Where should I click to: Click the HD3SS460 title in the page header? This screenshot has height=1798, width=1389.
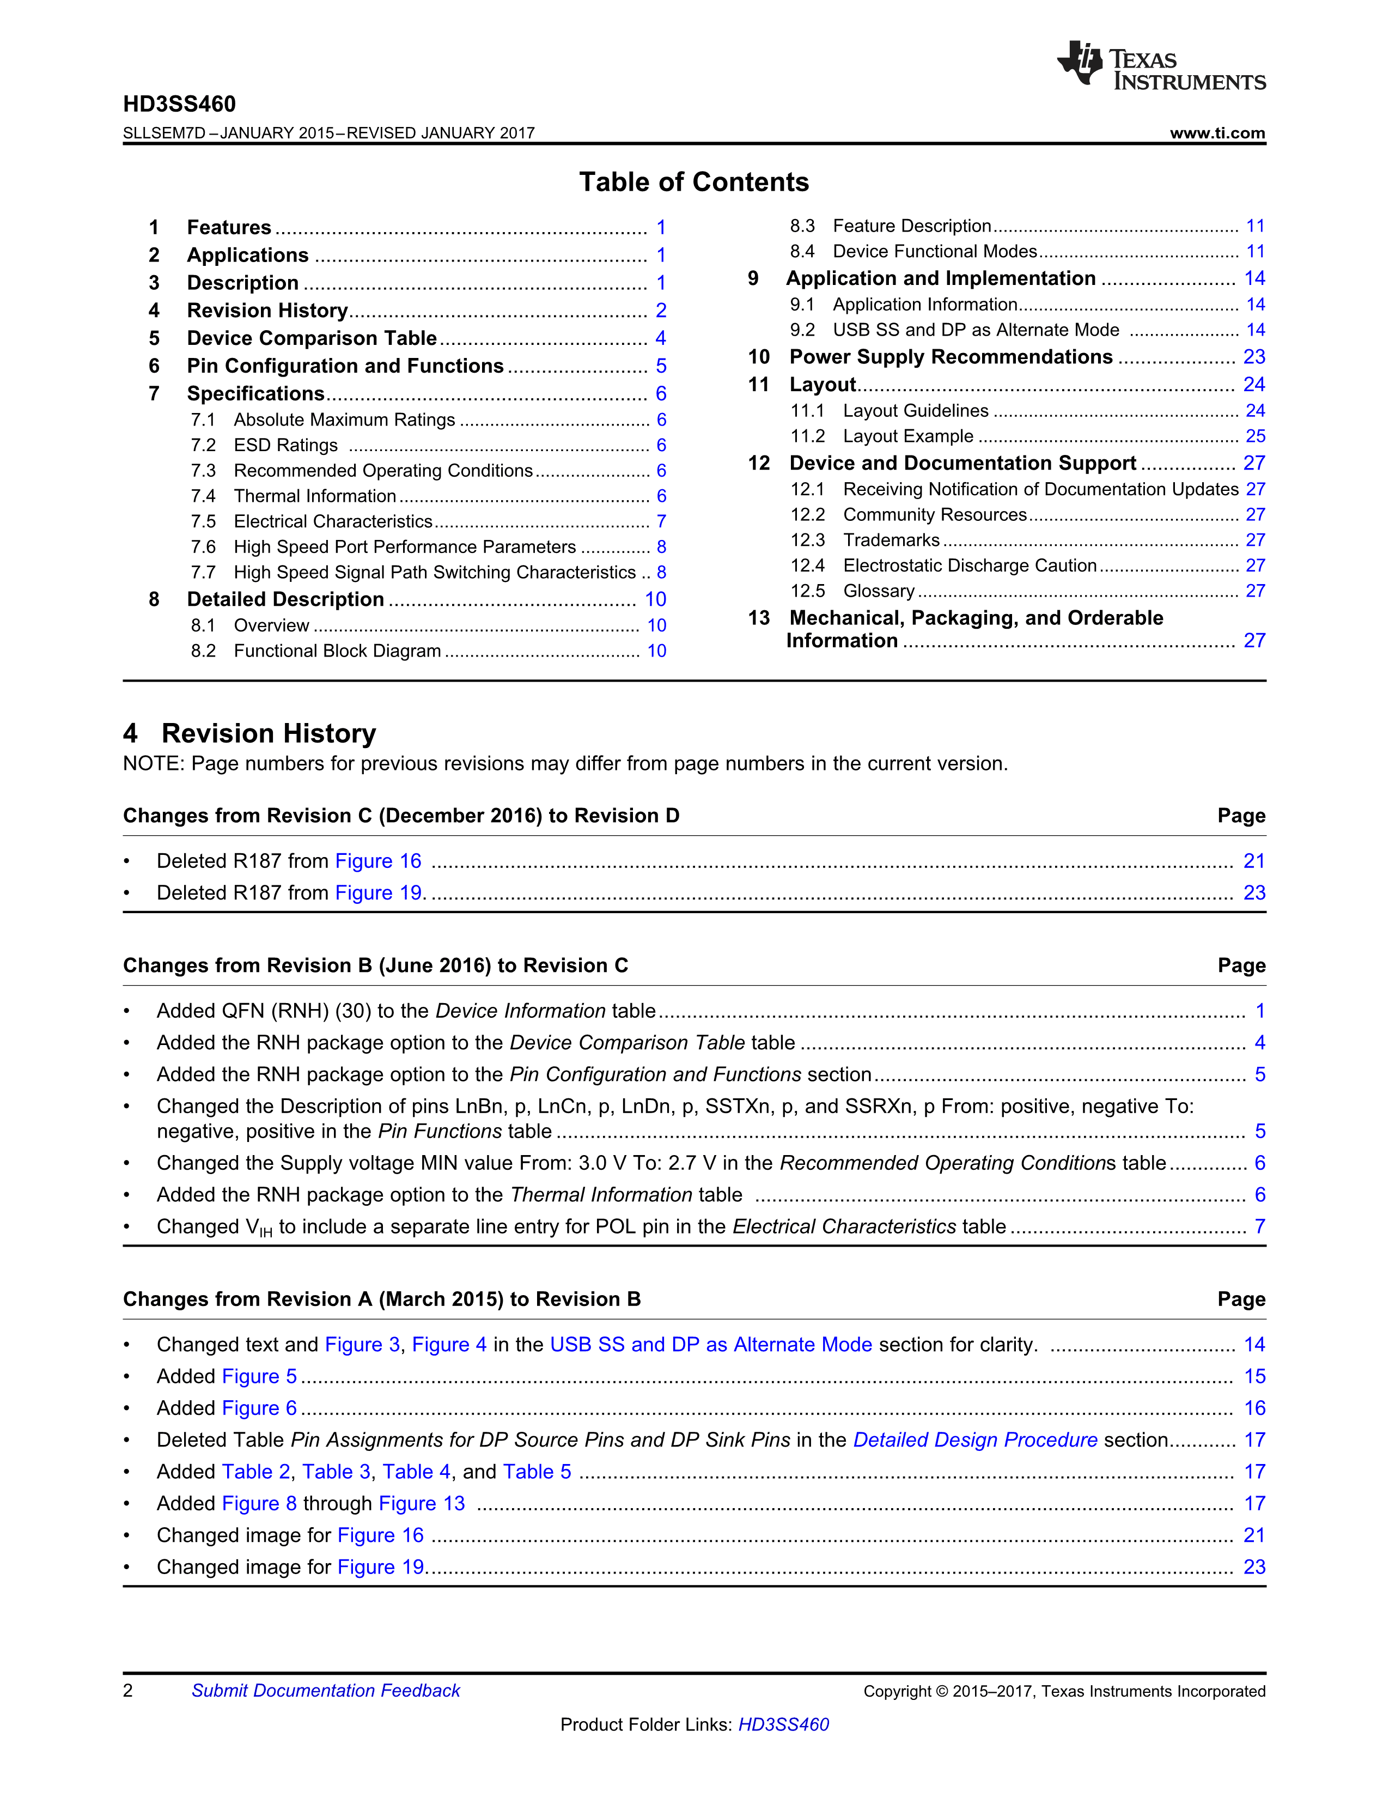pyautogui.click(x=179, y=105)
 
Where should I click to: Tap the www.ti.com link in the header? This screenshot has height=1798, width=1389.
pyautogui.click(x=1217, y=133)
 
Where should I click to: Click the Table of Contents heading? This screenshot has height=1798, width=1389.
pyautogui.click(x=693, y=182)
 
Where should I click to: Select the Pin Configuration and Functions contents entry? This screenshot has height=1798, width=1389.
pyautogui.click(x=345, y=366)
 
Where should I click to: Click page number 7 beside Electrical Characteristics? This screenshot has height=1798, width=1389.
pyautogui.click(x=661, y=522)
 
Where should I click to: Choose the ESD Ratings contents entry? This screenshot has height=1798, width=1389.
pyautogui.click(x=285, y=445)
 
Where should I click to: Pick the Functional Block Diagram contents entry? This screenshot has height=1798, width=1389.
pyautogui.click(x=337, y=651)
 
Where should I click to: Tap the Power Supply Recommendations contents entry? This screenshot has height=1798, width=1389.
pyautogui.click(x=951, y=357)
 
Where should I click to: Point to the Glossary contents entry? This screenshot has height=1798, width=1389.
pyautogui.click(x=879, y=591)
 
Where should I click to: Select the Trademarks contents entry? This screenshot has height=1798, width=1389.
pyautogui.click(x=891, y=540)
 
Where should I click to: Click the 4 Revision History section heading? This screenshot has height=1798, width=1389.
pyautogui.click(x=249, y=733)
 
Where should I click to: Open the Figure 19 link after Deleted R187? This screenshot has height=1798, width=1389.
pyautogui.click(x=379, y=893)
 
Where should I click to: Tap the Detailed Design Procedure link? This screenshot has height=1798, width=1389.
pyautogui.click(x=975, y=1440)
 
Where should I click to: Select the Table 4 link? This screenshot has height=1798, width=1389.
pyautogui.click(x=416, y=1472)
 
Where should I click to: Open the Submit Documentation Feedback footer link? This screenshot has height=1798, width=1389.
pyautogui.click(x=326, y=1691)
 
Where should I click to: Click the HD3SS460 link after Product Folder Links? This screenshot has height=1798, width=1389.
pyautogui.click(x=783, y=1725)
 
